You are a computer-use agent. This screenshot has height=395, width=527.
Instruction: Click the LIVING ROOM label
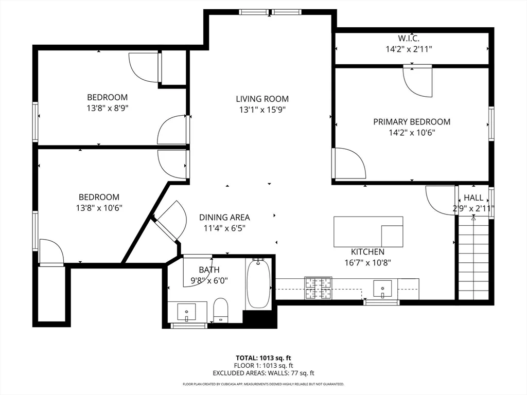point(262,99)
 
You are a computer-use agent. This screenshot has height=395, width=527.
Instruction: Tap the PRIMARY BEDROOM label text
point(411,122)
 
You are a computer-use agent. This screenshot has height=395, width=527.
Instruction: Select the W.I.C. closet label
point(409,38)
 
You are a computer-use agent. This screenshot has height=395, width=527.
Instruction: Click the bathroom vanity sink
point(186,312)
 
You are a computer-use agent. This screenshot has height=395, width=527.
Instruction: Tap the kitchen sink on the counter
point(383,289)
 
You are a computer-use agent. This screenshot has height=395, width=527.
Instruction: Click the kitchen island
point(368,231)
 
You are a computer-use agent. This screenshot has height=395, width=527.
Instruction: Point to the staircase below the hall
point(473,257)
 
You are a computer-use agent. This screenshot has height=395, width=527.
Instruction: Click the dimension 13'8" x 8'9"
point(107,108)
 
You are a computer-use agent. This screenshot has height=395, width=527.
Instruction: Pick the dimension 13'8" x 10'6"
point(99,208)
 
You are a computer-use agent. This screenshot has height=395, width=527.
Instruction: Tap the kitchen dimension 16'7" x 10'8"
point(367,262)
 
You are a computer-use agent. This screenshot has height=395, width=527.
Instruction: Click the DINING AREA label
point(224,218)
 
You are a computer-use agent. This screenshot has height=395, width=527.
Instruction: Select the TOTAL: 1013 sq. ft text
point(263,357)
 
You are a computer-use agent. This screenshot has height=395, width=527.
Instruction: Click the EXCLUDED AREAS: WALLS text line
point(263,373)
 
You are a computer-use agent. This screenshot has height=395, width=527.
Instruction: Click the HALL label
point(473,197)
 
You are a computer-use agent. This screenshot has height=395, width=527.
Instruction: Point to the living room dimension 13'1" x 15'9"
point(262,110)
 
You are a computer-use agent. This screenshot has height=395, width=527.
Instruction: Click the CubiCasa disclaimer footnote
point(263,384)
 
